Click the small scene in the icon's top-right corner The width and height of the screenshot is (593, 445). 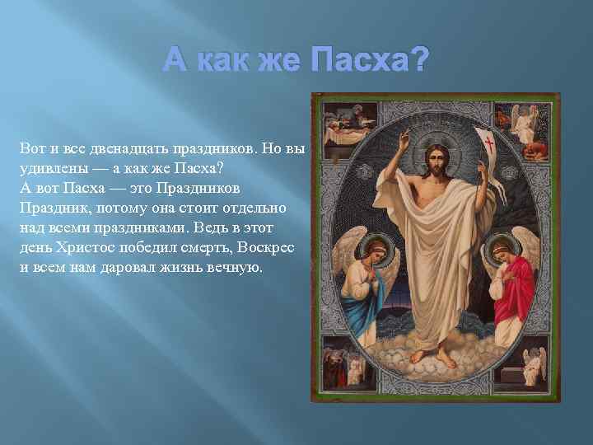coord(532,124)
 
